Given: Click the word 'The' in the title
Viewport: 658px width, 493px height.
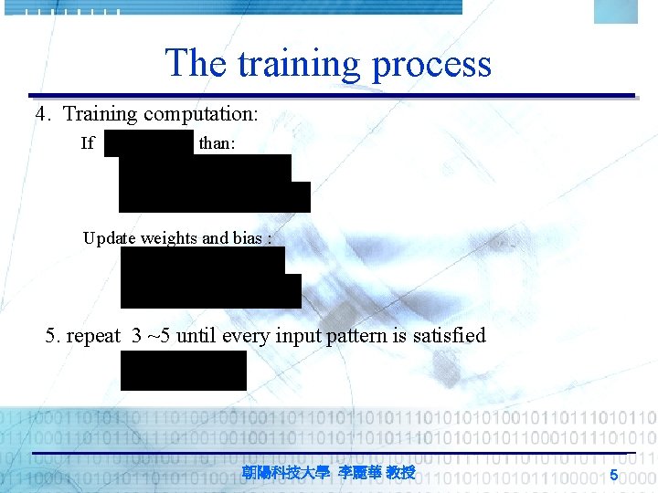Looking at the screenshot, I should tap(195, 63).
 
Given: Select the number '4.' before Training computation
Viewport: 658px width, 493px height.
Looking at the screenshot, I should tap(44, 114).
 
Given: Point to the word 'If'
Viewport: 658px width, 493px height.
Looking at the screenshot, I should tap(88, 142).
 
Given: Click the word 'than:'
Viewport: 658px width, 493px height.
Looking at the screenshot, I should tap(218, 142).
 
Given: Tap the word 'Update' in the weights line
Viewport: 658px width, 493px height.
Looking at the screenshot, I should tap(108, 238).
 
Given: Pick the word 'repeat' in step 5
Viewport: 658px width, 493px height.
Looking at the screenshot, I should tap(93, 336).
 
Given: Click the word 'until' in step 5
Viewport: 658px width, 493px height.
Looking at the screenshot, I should tap(196, 336).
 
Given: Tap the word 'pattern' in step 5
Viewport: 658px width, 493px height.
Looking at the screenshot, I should tap(345, 336).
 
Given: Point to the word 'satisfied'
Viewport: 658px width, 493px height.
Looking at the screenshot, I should tap(450, 336).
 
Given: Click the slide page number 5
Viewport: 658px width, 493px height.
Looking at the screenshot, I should tap(614, 474).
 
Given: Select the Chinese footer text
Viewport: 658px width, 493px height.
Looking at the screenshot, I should tap(329, 473).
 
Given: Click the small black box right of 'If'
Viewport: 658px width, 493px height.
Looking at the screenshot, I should tap(149, 142).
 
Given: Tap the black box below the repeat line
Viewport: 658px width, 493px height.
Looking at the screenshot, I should tap(184, 370).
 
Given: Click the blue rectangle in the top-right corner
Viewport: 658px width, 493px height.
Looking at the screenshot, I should tap(615, 11).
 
